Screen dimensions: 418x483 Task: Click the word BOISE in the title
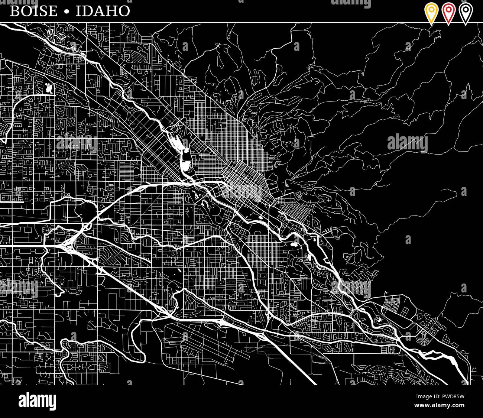click(x=34, y=11)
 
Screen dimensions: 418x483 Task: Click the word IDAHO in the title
click(x=103, y=11)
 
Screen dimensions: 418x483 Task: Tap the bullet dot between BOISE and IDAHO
click(x=67, y=12)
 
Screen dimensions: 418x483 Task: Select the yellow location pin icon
click(x=431, y=12)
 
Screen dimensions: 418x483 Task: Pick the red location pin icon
click(x=448, y=12)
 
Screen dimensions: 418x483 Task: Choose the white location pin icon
click(x=466, y=12)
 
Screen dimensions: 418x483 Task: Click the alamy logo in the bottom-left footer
click(x=37, y=401)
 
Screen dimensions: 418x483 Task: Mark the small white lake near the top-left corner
click(x=49, y=88)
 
